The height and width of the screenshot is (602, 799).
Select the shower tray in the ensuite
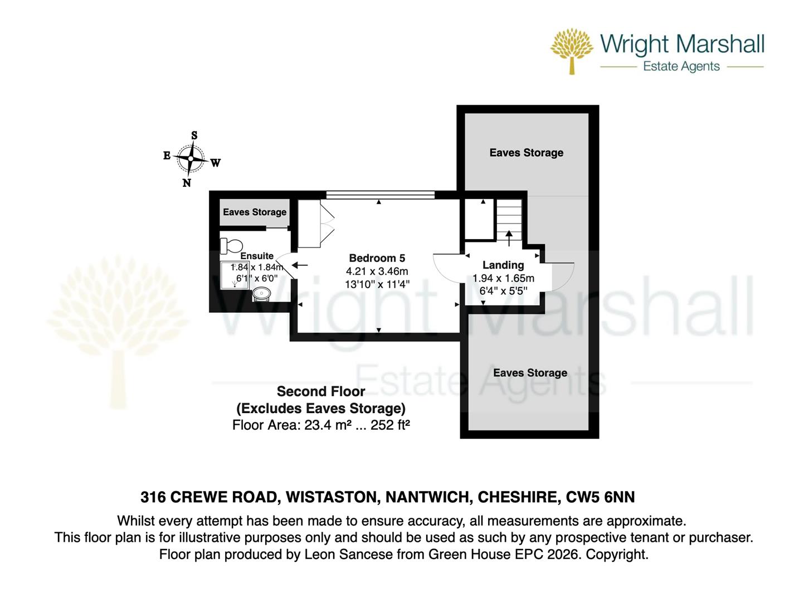click(234, 275)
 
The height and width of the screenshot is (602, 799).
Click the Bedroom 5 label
click(377, 258)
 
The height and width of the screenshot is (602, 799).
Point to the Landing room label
click(503, 265)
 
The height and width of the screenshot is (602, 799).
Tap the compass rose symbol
click(191, 159)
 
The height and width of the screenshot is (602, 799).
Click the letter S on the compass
click(194, 135)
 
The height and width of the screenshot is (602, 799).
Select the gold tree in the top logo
click(572, 50)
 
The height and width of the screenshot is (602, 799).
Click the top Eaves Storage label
click(526, 153)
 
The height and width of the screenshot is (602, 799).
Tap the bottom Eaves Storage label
click(530, 373)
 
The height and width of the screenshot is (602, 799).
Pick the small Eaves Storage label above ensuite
click(255, 212)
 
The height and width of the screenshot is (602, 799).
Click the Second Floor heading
click(321, 391)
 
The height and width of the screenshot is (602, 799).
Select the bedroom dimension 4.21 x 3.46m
click(377, 271)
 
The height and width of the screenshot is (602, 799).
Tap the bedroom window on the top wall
click(379, 195)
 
